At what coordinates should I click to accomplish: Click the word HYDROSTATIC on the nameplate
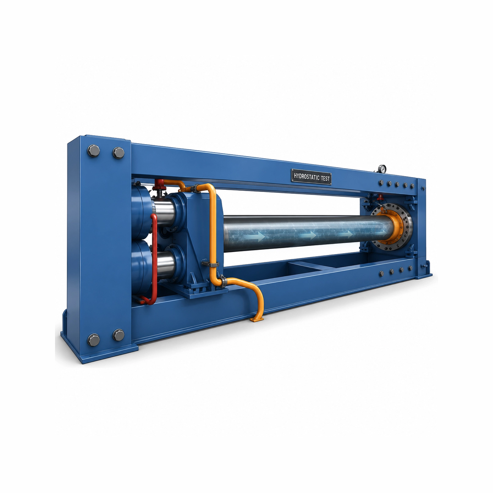pyautogui.click(x=306, y=177)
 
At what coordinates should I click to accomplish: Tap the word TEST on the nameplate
pyautogui.click(x=325, y=178)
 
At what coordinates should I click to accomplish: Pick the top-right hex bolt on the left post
pyautogui.click(x=119, y=152)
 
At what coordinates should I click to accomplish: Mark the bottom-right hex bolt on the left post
pyautogui.click(x=119, y=335)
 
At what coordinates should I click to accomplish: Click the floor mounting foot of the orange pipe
pyautogui.click(x=257, y=319)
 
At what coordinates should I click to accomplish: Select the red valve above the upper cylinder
pyautogui.click(x=159, y=184)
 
